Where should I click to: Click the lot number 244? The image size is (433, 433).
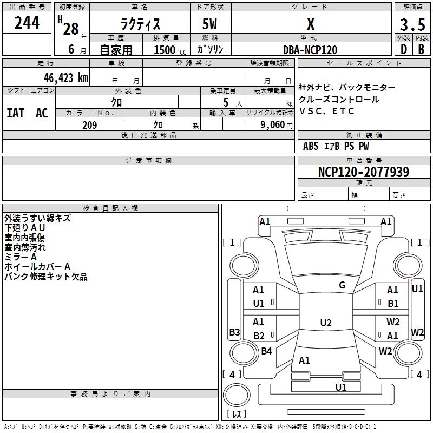pos(27,23)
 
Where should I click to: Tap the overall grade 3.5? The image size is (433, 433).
pos(412,24)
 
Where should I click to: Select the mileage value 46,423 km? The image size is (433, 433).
pos(66,78)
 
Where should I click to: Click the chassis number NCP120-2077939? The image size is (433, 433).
pos(364,172)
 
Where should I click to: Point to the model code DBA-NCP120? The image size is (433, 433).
pos(310,50)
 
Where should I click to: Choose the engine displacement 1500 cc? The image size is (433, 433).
pos(170,50)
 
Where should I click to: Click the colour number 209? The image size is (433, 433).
pos(90,125)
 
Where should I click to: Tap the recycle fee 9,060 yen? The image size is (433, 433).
pos(277,125)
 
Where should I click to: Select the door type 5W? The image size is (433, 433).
pos(209,24)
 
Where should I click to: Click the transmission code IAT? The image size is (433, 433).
pos(16,113)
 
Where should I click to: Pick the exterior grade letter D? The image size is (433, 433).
pos(404,49)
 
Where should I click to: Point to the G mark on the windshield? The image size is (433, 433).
pos(342,285)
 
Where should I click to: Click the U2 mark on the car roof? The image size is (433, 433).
pos(326,323)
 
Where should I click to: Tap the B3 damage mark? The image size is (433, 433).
pos(234,332)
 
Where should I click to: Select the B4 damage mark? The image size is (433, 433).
pos(266,351)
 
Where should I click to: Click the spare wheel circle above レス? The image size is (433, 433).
pos(237,395)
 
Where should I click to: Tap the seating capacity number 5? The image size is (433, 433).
pos(226,102)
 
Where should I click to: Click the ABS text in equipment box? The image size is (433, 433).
pos(311,146)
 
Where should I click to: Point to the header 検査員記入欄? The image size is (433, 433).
pos(110,208)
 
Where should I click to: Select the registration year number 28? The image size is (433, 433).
pos(71,29)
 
